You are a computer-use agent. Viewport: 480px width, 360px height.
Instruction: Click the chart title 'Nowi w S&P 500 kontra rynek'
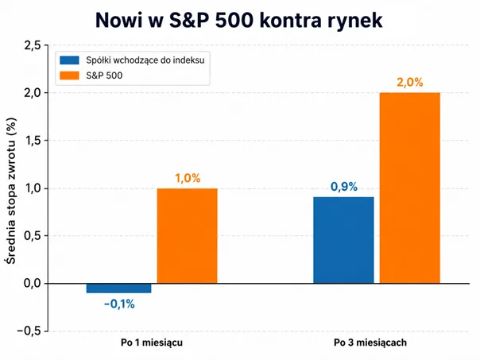pos(239,21)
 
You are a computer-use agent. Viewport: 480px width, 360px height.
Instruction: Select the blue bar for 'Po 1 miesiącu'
pos(118,288)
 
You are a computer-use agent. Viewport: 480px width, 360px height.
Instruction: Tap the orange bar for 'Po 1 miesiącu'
pos(188,236)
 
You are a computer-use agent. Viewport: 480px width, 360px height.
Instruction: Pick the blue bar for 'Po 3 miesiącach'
pos(343,240)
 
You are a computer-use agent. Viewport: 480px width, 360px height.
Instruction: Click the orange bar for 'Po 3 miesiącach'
pos(410,188)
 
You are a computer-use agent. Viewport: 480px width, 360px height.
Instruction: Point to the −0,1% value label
pos(119,304)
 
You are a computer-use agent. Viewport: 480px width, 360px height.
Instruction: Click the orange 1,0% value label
pos(188,178)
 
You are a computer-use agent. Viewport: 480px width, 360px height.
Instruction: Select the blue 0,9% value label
pos(344,187)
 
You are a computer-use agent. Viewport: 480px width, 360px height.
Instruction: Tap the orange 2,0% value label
pos(410,82)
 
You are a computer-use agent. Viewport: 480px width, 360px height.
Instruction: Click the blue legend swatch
pos(69,60)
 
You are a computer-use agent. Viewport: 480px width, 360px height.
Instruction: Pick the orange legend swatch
pos(69,75)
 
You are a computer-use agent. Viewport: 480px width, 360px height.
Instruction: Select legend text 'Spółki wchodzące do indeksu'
pos(145,60)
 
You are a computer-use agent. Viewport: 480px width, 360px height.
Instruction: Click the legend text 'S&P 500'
pos(104,75)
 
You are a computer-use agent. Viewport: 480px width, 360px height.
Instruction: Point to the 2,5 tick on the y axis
pos(32,45)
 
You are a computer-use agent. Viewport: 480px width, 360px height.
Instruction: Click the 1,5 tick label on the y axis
pos(33,141)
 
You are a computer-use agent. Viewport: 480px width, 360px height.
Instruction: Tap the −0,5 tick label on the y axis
pos(29,331)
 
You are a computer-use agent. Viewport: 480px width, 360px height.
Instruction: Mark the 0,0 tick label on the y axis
pos(32,283)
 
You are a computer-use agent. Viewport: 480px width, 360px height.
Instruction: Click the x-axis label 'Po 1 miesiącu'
pos(152,343)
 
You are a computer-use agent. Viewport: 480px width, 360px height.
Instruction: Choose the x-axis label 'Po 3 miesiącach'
pos(370,343)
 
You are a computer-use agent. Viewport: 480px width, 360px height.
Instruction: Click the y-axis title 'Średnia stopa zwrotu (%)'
pos(10,191)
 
